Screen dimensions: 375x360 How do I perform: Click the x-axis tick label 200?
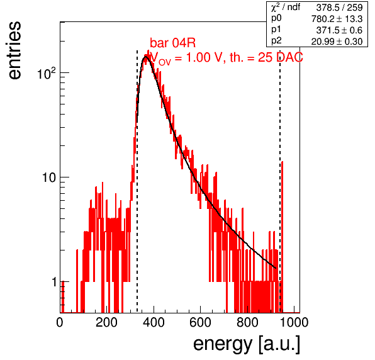[106, 322]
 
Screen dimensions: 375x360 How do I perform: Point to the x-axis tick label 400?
[154, 322]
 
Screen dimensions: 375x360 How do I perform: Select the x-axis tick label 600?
[201, 322]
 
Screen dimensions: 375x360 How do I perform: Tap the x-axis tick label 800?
[247, 322]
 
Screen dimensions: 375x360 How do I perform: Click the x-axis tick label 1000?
[294, 322]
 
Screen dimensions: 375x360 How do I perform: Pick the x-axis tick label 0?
[60, 322]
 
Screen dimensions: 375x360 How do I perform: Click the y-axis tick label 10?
[50, 177]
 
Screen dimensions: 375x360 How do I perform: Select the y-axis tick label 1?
[54, 282]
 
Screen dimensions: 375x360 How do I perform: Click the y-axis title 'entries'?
[15, 50]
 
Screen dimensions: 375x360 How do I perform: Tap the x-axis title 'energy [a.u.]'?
[247, 345]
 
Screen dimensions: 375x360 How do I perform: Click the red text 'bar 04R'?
[172, 43]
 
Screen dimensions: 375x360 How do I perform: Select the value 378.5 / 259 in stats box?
[339, 8]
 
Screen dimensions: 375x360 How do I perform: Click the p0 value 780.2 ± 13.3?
[337, 19]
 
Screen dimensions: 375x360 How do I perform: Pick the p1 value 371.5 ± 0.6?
[339, 30]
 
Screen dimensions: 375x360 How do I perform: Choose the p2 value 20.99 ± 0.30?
[337, 42]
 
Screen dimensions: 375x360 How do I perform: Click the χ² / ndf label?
[286, 7]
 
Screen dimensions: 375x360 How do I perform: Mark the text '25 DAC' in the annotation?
[281, 57]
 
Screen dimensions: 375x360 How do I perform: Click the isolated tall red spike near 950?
[283, 237]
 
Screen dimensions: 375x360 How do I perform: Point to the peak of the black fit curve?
[145, 57]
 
